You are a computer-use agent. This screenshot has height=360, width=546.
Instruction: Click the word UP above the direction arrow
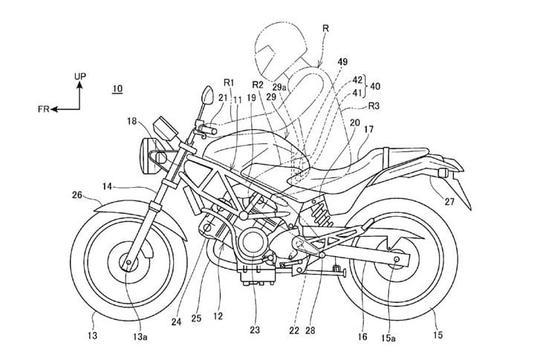tap(81, 76)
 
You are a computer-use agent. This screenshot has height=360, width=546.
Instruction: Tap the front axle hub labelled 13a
tap(131, 262)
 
